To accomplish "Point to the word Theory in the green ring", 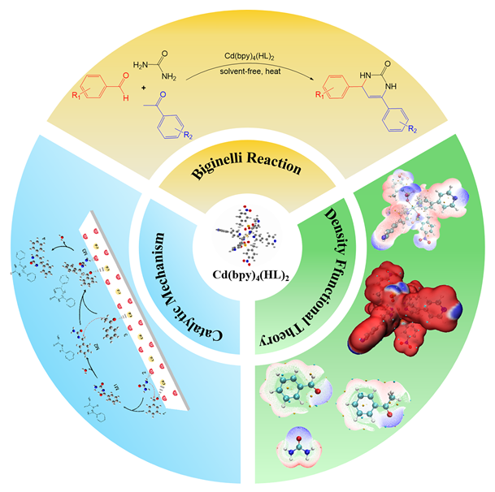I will tap(274, 325).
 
